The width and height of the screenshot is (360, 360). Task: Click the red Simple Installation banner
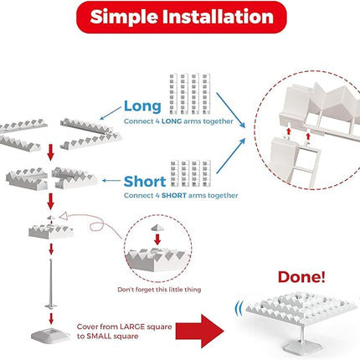click(182, 18)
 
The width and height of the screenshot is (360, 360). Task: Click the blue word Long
click(142, 106)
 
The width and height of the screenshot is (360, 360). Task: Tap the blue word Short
click(145, 182)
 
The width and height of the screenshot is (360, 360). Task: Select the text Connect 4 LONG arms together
click(178, 121)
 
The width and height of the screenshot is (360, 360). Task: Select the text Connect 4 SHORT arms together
click(181, 195)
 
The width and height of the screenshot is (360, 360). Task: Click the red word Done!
click(301, 277)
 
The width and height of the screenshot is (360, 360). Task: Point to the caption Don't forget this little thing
click(159, 290)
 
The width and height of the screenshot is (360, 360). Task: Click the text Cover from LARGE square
click(124, 327)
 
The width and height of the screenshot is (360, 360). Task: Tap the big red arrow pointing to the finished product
click(199, 332)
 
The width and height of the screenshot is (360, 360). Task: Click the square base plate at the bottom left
click(50, 336)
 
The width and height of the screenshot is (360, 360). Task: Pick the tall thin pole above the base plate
click(51, 284)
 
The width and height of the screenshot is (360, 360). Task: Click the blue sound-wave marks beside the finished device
click(239, 309)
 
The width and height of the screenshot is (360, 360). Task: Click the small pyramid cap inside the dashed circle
click(157, 228)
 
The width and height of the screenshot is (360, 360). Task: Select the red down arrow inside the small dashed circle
click(157, 239)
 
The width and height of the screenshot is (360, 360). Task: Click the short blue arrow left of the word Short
click(111, 181)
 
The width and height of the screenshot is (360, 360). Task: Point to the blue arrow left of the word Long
click(111, 113)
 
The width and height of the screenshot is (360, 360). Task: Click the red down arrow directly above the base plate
click(51, 319)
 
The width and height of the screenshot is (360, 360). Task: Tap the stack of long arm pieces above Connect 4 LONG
click(190, 94)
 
